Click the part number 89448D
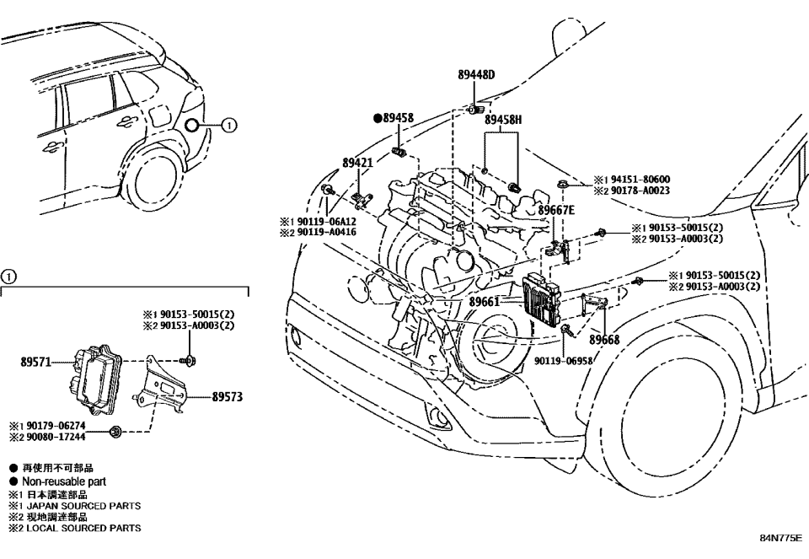click(476, 74)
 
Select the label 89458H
click(503, 121)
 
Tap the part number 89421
click(358, 162)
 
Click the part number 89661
click(485, 301)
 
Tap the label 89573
click(228, 395)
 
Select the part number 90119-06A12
click(324, 221)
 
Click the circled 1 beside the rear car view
click(229, 126)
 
